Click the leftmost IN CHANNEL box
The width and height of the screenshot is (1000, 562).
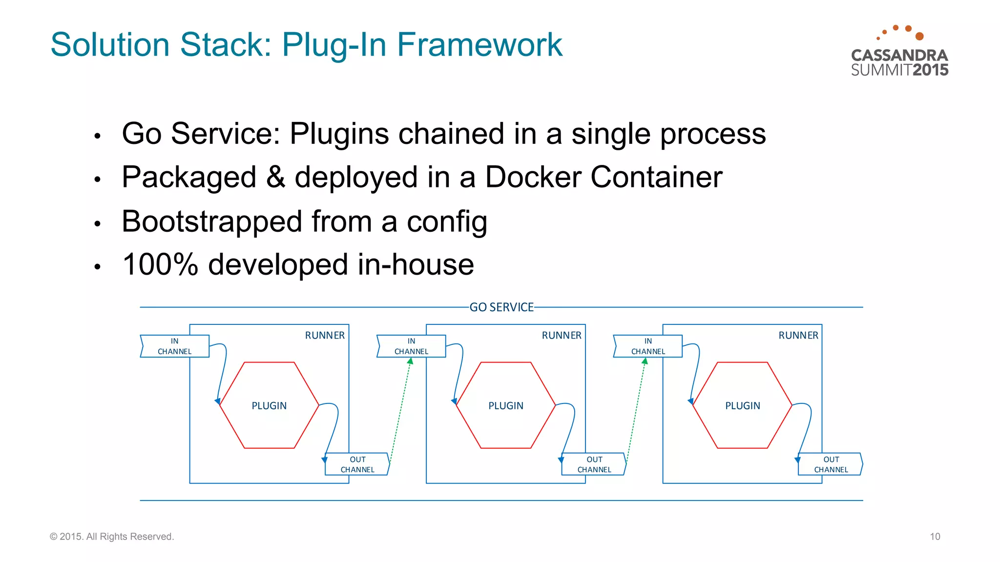(x=174, y=346)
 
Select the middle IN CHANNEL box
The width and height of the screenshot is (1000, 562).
(x=411, y=346)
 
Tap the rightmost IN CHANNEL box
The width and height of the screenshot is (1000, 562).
(x=647, y=346)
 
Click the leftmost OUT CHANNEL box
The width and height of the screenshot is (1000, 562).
(x=357, y=464)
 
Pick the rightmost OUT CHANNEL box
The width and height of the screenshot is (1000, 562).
(x=831, y=464)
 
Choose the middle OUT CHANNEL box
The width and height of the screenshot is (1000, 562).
(x=594, y=464)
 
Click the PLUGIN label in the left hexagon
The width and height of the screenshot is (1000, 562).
(x=269, y=406)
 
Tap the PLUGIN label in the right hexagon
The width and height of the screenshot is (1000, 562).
(x=742, y=406)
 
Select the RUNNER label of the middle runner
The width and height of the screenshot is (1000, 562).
(x=562, y=336)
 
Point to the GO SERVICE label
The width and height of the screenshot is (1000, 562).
(x=501, y=307)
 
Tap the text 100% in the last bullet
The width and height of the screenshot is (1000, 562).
(x=160, y=265)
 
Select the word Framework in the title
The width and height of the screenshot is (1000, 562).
(x=479, y=45)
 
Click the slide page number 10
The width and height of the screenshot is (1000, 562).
(x=935, y=537)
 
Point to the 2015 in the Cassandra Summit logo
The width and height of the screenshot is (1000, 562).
(x=930, y=70)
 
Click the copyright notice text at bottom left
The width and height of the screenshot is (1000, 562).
(x=112, y=537)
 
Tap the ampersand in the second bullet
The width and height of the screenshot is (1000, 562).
(x=275, y=177)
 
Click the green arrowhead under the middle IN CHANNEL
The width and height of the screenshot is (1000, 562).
(x=411, y=361)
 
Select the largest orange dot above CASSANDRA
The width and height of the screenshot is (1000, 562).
(x=919, y=36)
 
